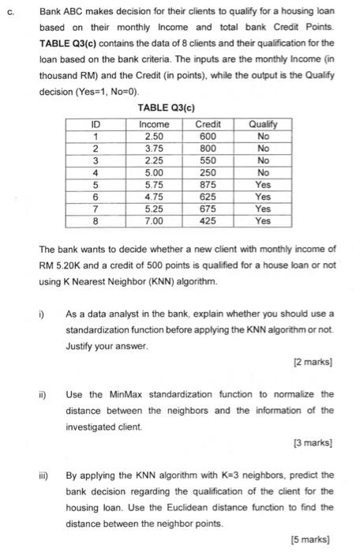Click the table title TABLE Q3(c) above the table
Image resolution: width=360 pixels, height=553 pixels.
(166, 107)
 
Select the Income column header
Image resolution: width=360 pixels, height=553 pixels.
(154, 124)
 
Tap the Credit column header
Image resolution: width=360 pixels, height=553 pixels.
(208, 124)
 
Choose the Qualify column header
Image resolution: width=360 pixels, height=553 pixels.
(262, 124)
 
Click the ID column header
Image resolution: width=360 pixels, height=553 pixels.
(96, 124)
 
